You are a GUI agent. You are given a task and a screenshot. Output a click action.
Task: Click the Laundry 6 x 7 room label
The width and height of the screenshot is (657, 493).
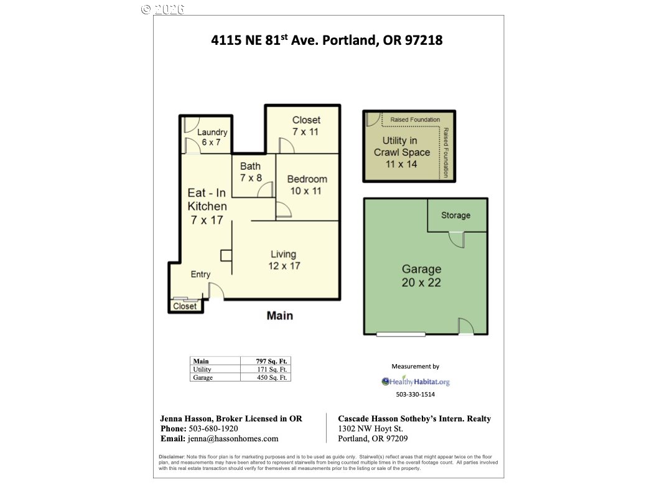[212, 137]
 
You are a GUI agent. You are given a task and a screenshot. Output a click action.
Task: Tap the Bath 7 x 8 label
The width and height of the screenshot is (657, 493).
[251, 172]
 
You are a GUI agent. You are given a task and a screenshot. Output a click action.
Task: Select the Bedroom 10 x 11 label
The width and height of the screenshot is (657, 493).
[307, 185]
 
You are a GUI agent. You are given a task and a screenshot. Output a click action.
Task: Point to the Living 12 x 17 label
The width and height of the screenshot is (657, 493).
[284, 260]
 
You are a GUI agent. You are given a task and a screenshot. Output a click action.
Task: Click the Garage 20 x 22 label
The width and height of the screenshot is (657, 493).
[421, 275]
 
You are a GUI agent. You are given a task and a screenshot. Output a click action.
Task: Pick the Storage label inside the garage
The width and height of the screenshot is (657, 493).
[455, 215]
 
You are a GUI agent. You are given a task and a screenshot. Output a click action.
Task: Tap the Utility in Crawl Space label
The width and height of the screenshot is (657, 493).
[401, 152]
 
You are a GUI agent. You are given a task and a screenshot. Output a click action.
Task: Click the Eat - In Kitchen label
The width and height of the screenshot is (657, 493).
[207, 206]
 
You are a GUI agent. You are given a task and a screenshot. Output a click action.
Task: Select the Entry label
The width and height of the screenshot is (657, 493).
[200, 274]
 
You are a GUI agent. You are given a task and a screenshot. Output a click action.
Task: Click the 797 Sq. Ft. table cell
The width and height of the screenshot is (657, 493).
[271, 361]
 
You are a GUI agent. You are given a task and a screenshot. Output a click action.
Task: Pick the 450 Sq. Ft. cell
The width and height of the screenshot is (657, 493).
[272, 377]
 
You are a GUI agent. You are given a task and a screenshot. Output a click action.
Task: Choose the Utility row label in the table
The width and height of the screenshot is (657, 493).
[202, 369]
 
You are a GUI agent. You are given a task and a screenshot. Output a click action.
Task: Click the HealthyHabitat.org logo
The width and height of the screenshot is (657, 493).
[415, 382]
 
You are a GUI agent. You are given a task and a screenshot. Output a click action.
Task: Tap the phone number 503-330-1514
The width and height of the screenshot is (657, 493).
[415, 394]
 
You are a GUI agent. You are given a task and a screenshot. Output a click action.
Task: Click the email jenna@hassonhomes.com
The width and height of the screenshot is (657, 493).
[233, 438]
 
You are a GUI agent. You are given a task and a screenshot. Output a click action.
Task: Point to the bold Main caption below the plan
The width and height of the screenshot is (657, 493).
[280, 316]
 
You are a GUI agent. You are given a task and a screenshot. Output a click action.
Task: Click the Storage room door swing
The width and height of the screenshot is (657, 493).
[457, 240]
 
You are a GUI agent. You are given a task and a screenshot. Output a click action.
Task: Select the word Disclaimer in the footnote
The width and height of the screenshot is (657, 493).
[171, 456]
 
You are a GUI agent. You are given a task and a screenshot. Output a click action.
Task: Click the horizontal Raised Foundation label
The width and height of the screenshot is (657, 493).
[415, 120]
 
